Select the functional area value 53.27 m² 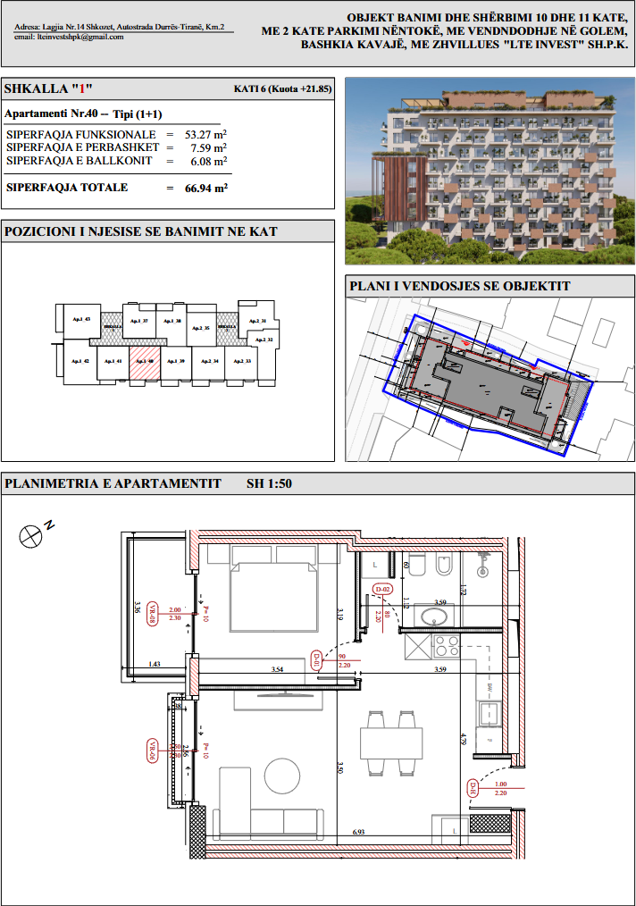[205, 134]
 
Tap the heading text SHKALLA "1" [49, 89]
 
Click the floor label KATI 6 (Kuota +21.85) [282, 89]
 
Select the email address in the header [70, 37]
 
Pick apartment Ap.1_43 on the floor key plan [82, 320]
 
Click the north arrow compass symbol [31, 534]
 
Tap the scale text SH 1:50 [269, 484]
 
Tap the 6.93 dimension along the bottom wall [359, 832]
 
